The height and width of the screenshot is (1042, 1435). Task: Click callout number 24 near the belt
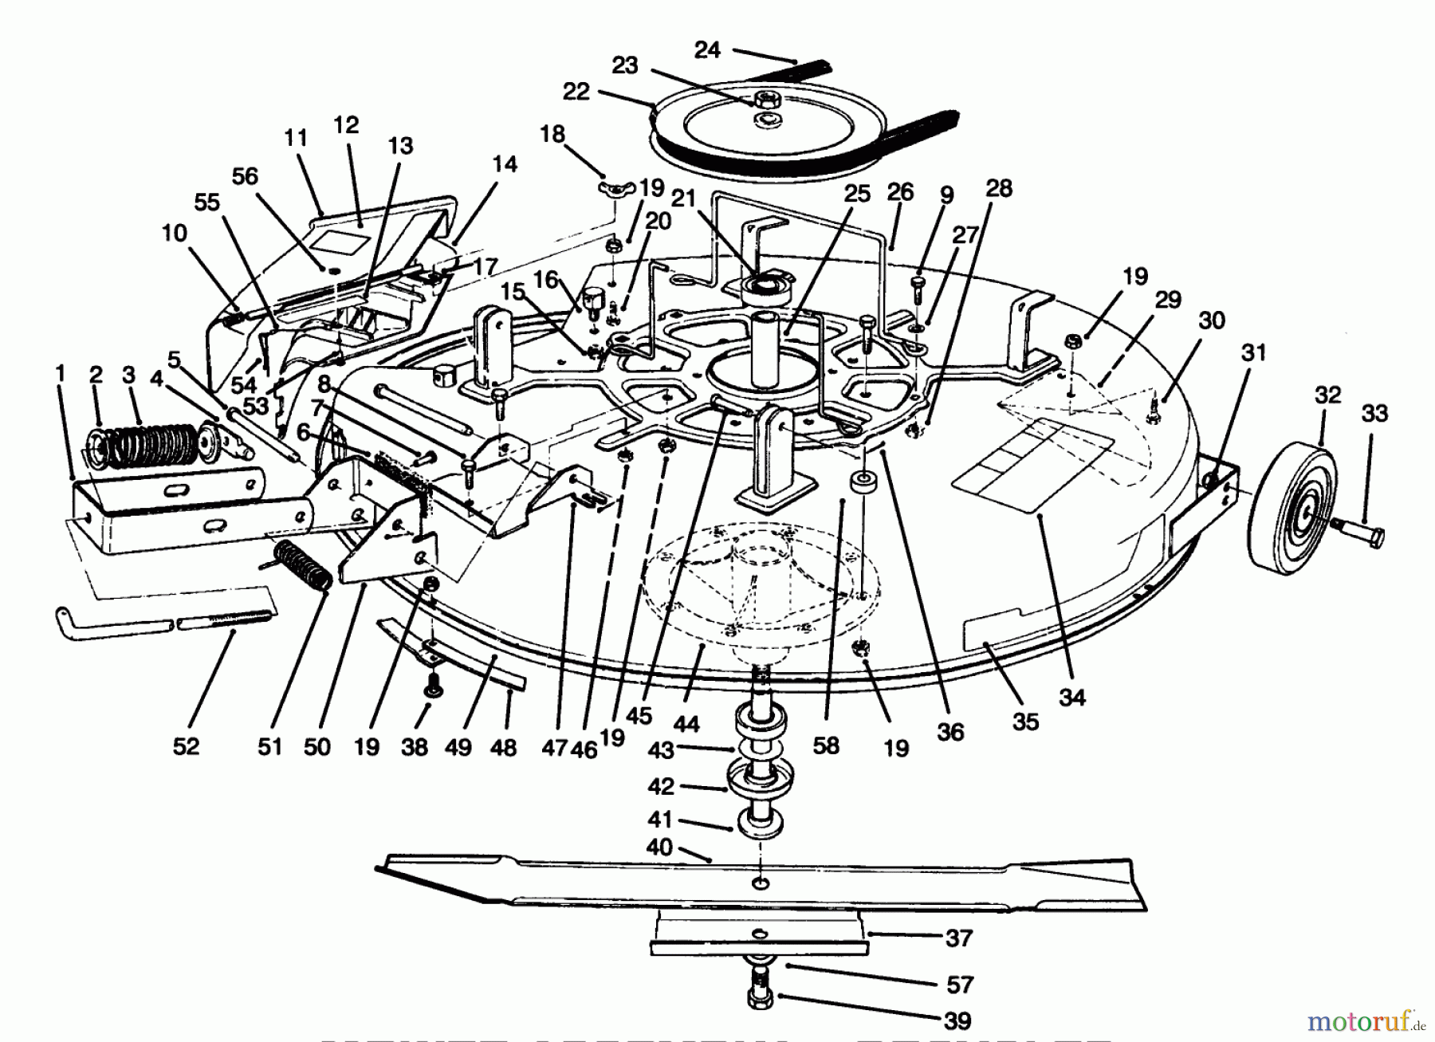(x=707, y=50)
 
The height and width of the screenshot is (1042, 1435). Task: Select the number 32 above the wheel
(x=1327, y=395)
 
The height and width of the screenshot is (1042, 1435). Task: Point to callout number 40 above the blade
(x=660, y=847)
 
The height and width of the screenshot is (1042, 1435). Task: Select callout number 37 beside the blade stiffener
(x=958, y=938)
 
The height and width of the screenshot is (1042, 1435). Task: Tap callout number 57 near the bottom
(x=959, y=985)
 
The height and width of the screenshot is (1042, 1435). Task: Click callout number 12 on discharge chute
(x=346, y=125)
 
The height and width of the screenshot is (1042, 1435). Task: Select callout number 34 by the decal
(x=1072, y=697)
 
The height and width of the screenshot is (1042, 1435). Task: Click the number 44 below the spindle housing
(x=686, y=724)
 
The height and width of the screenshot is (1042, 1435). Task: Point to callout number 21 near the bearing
(x=683, y=199)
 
